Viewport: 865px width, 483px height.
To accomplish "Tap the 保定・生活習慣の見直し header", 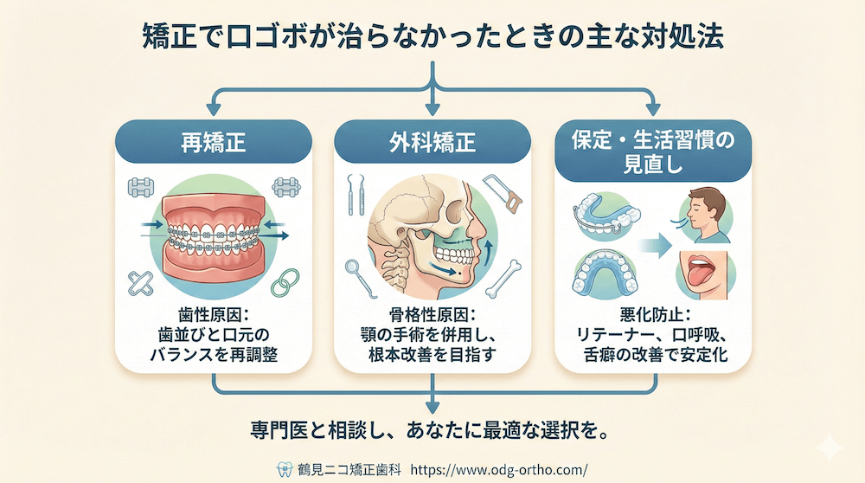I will (x=651, y=151).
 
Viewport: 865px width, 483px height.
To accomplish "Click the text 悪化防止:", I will (x=651, y=316).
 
